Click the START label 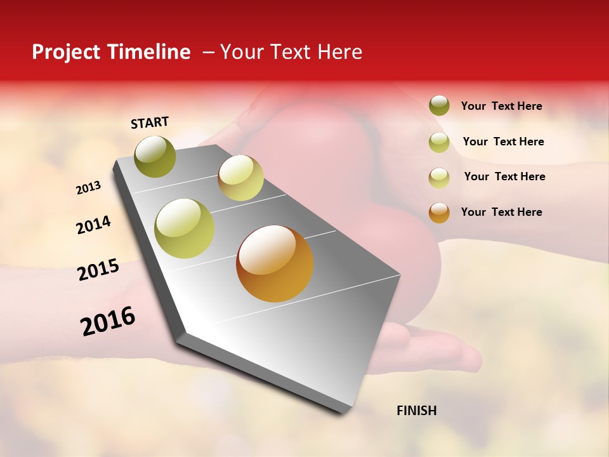click(150, 123)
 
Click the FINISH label click(416, 411)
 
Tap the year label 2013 click(88, 188)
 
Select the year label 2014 click(93, 225)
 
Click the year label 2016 click(108, 321)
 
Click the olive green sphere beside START click(155, 156)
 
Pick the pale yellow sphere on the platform click(240, 178)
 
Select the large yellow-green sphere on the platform click(185, 228)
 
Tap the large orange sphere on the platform click(275, 263)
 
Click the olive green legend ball click(439, 106)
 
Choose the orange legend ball click(439, 212)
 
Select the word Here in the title click(339, 52)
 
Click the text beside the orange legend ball click(501, 212)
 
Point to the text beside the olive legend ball click(501, 106)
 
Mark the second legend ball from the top click(439, 142)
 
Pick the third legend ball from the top click(439, 176)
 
